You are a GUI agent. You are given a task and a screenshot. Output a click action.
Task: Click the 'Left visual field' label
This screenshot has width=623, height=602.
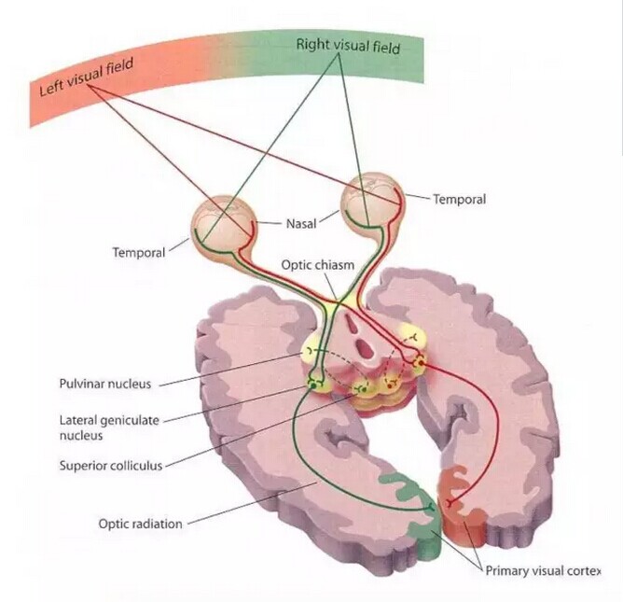[88, 77]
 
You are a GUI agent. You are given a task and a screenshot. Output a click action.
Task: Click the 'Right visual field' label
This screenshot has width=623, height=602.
[347, 45]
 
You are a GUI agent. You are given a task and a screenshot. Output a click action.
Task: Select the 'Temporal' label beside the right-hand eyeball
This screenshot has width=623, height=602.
[459, 199]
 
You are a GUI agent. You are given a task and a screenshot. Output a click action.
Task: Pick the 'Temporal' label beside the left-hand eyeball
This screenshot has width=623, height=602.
[138, 252]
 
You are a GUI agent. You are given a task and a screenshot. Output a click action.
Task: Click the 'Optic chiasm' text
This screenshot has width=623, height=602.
[318, 265]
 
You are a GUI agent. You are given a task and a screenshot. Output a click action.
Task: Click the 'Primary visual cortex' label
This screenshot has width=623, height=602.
[541, 570]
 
